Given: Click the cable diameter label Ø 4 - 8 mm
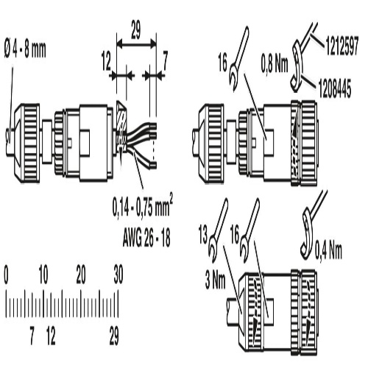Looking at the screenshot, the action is (x=25, y=50).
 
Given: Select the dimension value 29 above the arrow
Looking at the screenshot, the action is (x=135, y=30).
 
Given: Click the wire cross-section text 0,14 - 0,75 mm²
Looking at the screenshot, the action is (x=143, y=207).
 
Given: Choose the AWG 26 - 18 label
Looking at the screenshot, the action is (x=146, y=238).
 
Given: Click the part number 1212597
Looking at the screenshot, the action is (x=342, y=46).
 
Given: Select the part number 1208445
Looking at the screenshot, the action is (x=335, y=88).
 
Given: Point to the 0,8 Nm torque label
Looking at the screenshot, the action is (x=275, y=64).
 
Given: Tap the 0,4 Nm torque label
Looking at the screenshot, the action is (x=328, y=250).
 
